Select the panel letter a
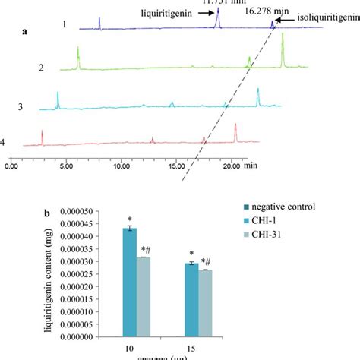click(x=26, y=33)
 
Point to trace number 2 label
click(x=41, y=68)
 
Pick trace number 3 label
click(x=21, y=105)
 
